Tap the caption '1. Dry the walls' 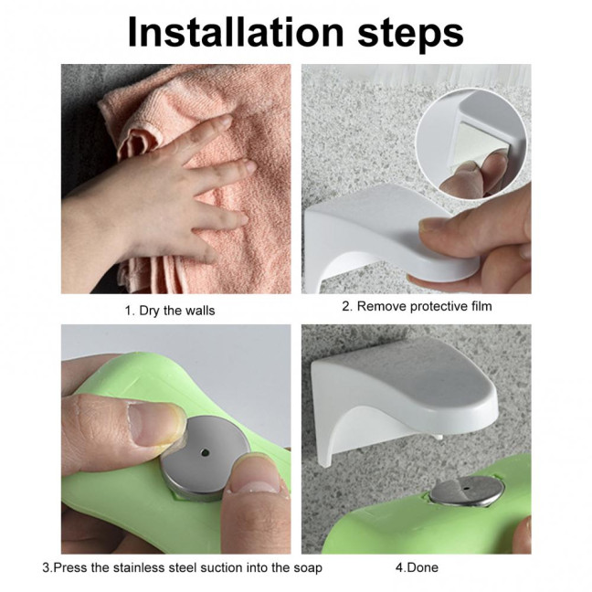pyautogui.click(x=169, y=311)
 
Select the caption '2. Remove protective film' pyautogui.click(x=417, y=306)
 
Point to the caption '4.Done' pyautogui.click(x=417, y=567)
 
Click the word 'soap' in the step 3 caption pyautogui.click(x=307, y=567)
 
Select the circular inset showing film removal pyautogui.click(x=470, y=137)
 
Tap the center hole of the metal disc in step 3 pyautogui.click(x=203, y=452)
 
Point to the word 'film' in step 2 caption pyautogui.click(x=480, y=306)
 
